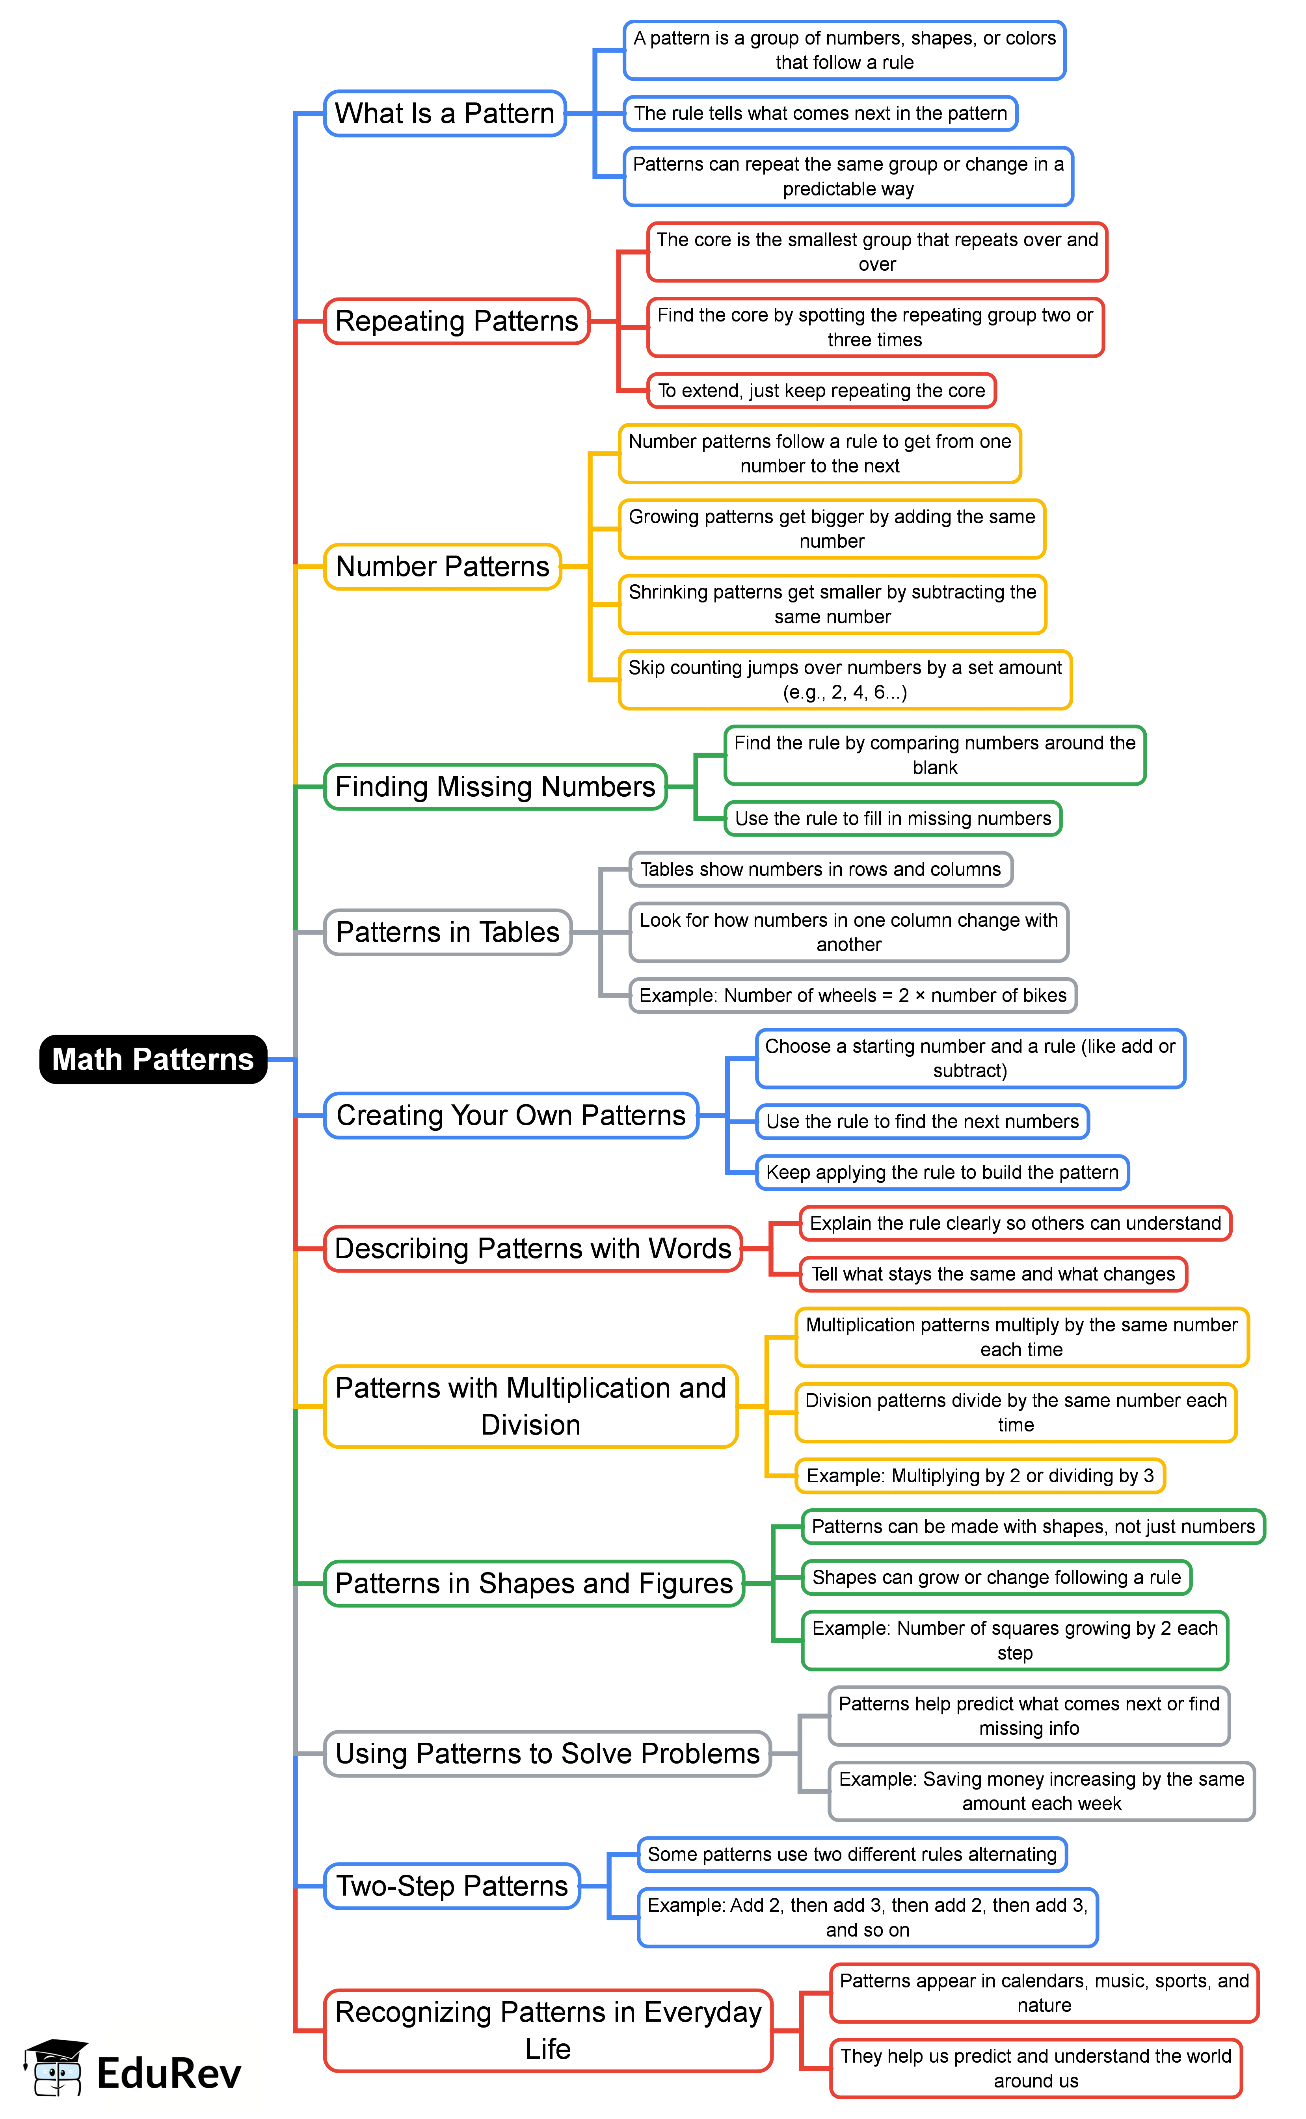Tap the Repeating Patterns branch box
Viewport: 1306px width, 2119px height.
click(456, 321)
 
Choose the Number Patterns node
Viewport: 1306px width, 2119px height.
click(442, 567)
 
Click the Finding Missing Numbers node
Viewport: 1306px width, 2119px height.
click(495, 786)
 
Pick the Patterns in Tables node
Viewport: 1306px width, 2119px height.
click(447, 933)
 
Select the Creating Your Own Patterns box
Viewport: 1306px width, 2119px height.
click(510, 1115)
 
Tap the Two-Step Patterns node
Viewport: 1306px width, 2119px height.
click(452, 1886)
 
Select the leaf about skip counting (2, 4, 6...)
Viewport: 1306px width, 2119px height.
click(845, 680)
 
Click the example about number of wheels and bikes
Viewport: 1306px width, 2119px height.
click(852, 996)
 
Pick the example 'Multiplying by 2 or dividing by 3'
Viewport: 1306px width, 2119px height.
click(980, 1476)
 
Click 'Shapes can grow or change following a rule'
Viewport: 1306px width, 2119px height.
click(996, 1578)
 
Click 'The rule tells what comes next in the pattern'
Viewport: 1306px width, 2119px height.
click(820, 113)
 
